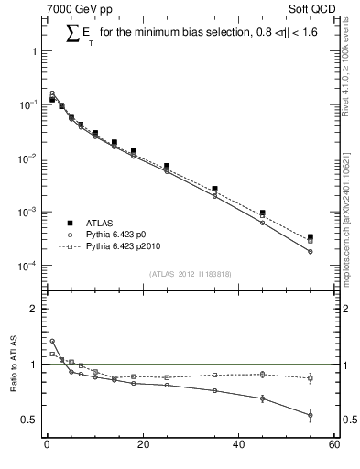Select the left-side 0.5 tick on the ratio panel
pyautogui.click(x=32, y=420)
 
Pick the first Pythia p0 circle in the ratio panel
pyautogui.click(x=51, y=342)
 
